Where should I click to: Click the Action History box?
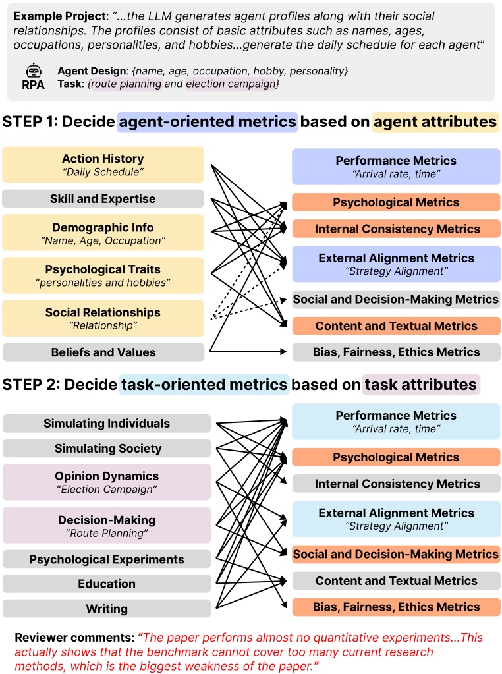[103, 165]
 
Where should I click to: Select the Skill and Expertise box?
[103, 198]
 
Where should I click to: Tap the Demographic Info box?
[103, 233]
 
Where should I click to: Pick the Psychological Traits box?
[103, 275]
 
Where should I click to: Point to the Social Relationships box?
[103, 318]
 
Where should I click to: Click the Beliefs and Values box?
[103, 352]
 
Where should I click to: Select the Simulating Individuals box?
[107, 424]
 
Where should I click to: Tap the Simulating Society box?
[107, 448]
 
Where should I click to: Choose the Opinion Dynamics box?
[107, 482]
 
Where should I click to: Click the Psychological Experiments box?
[107, 559]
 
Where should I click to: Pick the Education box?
[107, 584]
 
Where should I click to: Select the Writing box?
[107, 609]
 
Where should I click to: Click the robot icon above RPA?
[34, 70]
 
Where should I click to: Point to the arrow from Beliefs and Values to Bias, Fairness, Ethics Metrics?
[248, 352]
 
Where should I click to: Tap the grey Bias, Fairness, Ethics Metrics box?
[397, 352]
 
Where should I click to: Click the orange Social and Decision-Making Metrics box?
[397, 554]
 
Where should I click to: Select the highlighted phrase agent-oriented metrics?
[207, 122]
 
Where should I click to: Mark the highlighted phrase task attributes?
[421, 384]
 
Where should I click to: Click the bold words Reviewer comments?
[75, 638]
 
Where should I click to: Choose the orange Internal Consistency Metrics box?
[397, 229]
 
